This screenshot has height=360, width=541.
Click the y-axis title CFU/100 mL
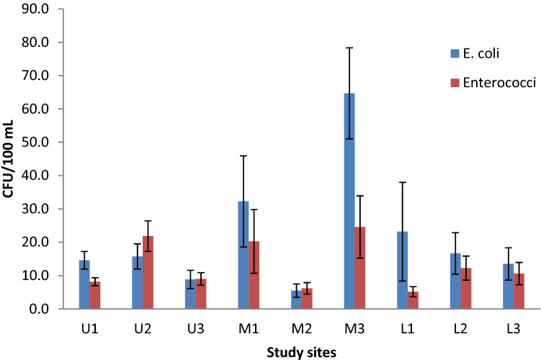point(11,159)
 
